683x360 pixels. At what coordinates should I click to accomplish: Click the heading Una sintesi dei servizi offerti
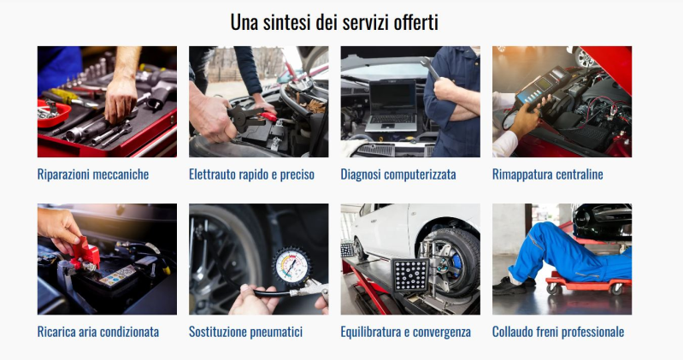(334, 22)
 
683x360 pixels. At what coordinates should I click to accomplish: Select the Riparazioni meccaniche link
(93, 174)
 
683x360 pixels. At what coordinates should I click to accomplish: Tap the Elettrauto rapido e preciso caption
(252, 174)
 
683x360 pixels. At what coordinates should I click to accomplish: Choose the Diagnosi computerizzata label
(398, 174)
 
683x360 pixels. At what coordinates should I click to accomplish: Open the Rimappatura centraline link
(548, 174)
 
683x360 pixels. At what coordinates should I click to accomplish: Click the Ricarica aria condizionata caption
(98, 332)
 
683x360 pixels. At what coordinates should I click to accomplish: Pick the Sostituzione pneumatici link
(245, 332)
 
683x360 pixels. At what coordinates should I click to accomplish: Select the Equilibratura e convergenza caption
(405, 332)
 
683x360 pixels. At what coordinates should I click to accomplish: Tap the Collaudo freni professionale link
(558, 332)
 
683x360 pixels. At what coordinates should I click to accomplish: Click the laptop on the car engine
(391, 106)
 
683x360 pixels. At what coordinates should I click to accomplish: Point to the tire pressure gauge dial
(291, 265)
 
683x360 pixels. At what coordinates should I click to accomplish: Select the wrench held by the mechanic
(430, 68)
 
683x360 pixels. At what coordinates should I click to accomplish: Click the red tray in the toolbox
(54, 114)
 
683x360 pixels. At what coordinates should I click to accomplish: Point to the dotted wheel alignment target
(409, 275)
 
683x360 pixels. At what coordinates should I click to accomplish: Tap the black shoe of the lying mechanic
(510, 286)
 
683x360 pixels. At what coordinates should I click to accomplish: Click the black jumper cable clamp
(246, 117)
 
